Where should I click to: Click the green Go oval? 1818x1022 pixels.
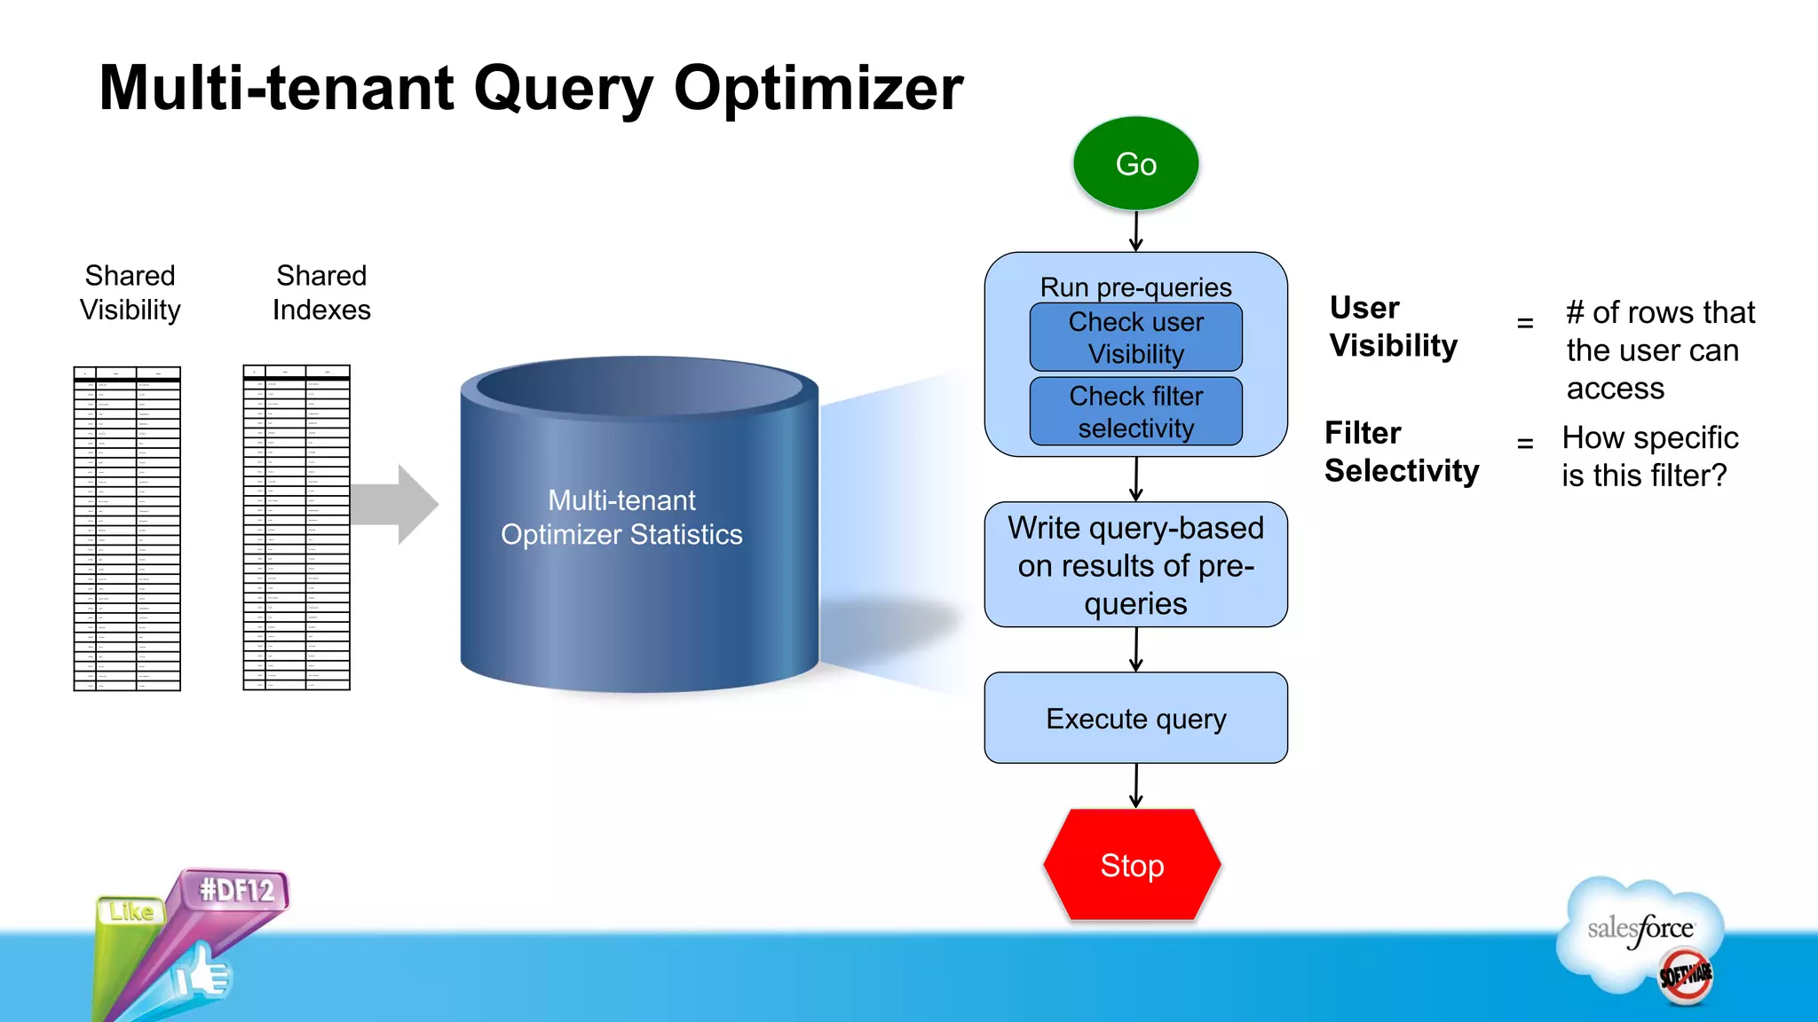pyautogui.click(x=1135, y=164)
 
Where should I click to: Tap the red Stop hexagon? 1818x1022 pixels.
pyautogui.click(x=1132, y=865)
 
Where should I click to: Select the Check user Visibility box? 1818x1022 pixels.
pyautogui.click(x=1135, y=337)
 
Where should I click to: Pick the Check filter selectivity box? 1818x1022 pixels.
pyautogui.click(x=1135, y=412)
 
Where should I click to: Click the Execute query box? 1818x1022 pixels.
pyautogui.click(x=1135, y=718)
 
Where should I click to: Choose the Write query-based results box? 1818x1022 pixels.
pyautogui.click(x=1135, y=565)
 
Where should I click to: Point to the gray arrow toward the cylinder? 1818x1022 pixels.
pyautogui.click(x=395, y=504)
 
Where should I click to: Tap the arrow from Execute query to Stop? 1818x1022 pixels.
pyautogui.click(x=1135, y=786)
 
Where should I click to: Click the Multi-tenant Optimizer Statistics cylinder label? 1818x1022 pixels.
pyautogui.click(x=621, y=517)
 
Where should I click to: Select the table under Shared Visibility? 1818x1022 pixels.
pyautogui.click(x=127, y=528)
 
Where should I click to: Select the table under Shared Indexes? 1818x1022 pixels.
pyautogui.click(x=296, y=528)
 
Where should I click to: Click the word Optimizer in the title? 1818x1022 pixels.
pyautogui.click(x=818, y=89)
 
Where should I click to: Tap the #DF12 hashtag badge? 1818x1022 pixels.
pyautogui.click(x=236, y=890)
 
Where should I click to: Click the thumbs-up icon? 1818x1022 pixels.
pyautogui.click(x=202, y=973)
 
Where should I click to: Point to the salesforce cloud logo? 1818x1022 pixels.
pyautogui.click(x=1640, y=932)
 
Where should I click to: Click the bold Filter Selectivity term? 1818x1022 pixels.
pyautogui.click(x=1401, y=452)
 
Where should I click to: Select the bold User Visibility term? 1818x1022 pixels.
pyautogui.click(x=1393, y=326)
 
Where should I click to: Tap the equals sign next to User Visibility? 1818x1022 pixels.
pyautogui.click(x=1525, y=323)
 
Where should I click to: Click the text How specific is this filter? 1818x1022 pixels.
pyautogui.click(x=1648, y=456)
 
